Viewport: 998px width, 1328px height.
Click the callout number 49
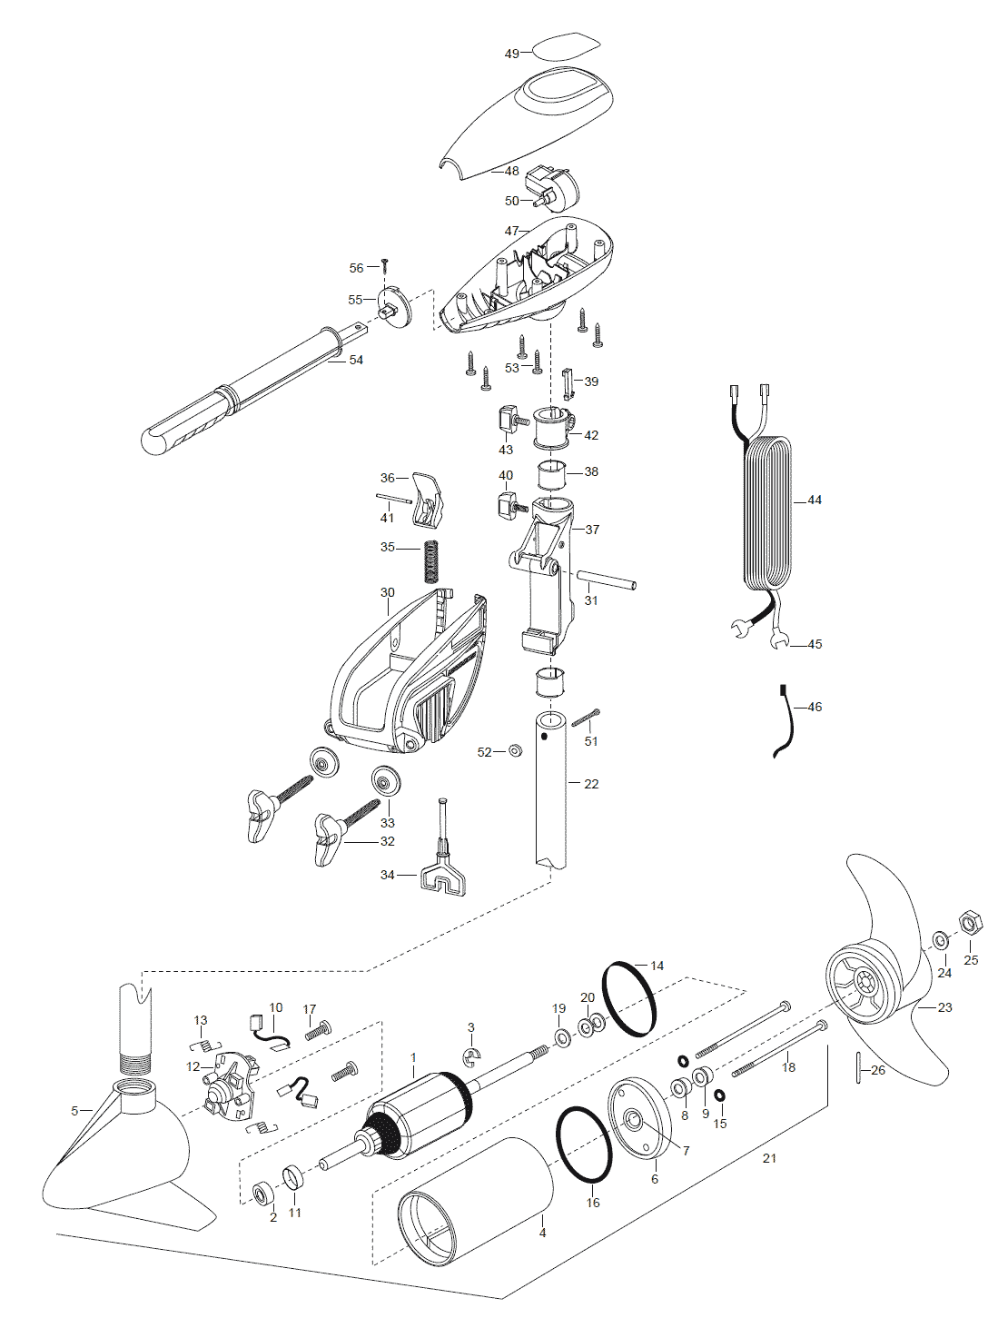511,54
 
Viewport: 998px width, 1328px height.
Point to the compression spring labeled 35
429,560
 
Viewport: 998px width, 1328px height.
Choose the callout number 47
511,231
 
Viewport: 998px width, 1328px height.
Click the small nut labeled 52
516,751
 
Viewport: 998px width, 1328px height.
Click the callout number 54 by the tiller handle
356,360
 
